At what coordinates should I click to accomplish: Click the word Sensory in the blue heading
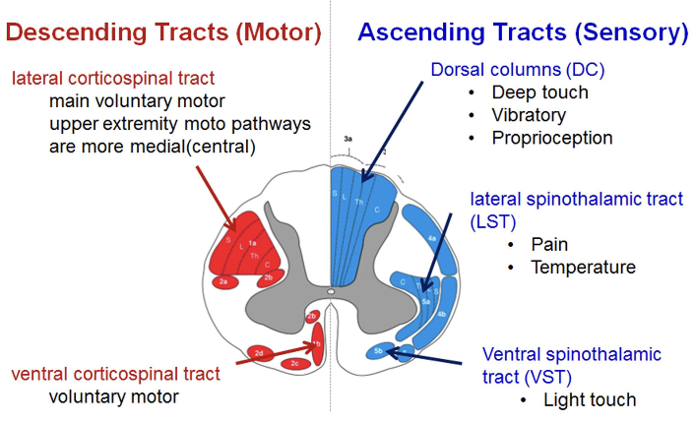[630, 32]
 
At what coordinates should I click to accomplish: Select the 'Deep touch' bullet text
[540, 92]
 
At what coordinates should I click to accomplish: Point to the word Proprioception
[552, 138]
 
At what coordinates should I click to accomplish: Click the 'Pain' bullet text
[549, 244]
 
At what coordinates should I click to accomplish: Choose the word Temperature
[583, 267]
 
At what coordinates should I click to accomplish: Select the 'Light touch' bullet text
[590, 399]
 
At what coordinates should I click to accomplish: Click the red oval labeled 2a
[224, 282]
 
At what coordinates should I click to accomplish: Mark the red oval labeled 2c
[295, 363]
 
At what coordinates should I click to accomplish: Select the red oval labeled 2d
[259, 351]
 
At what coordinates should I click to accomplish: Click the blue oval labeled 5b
[380, 350]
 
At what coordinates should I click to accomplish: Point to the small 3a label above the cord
[348, 141]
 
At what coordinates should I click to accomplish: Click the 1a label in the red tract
[252, 243]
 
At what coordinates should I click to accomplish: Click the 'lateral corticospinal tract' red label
[112, 77]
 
